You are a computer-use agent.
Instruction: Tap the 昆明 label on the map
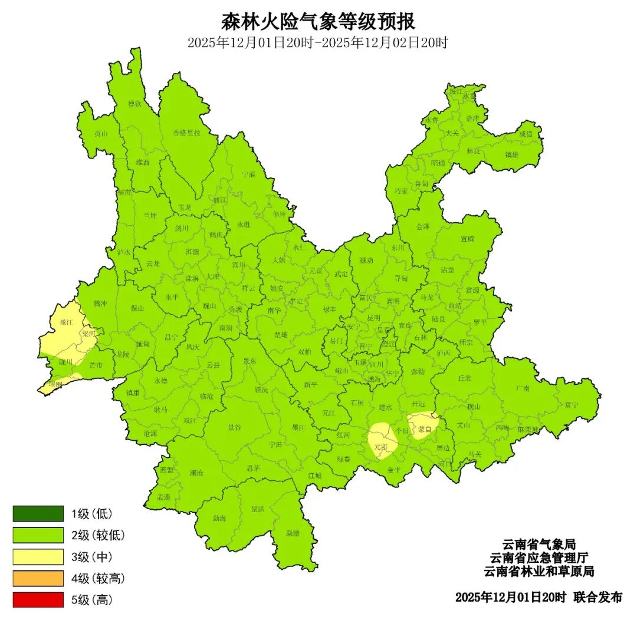click(x=373, y=317)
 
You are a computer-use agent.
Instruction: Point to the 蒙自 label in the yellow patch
click(x=425, y=430)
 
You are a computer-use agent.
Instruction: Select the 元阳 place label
click(x=381, y=447)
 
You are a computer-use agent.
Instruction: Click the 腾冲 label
click(x=101, y=303)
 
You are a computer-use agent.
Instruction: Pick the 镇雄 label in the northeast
click(x=511, y=154)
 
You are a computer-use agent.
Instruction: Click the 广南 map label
click(x=523, y=388)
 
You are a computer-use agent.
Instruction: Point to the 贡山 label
click(x=101, y=133)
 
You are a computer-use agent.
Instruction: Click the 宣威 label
click(x=468, y=239)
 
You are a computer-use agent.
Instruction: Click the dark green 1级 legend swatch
click(x=38, y=513)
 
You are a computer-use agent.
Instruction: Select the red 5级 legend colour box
click(x=38, y=600)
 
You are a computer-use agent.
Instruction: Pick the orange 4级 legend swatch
click(x=38, y=578)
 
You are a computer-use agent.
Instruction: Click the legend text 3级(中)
click(x=91, y=557)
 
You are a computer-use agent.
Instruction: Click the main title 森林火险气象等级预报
click(x=318, y=22)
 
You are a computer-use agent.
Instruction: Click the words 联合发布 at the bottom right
click(x=597, y=597)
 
